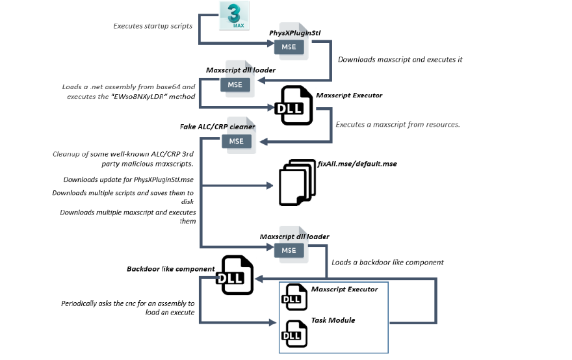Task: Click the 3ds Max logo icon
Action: pyautogui.click(x=235, y=16)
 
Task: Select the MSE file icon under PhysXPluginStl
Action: pyautogui.click(x=290, y=45)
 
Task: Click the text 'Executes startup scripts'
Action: pyautogui.click(x=153, y=27)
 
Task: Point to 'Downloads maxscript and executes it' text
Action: pyautogui.click(x=400, y=59)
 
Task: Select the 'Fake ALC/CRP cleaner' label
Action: pyautogui.click(x=218, y=127)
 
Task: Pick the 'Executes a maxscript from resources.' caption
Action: pyautogui.click(x=398, y=123)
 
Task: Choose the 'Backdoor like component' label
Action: pyautogui.click(x=170, y=269)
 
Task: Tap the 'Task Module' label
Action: pyautogui.click(x=333, y=320)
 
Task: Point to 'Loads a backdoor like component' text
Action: pyautogui.click(x=387, y=263)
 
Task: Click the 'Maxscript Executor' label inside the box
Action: pyautogui.click(x=344, y=289)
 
